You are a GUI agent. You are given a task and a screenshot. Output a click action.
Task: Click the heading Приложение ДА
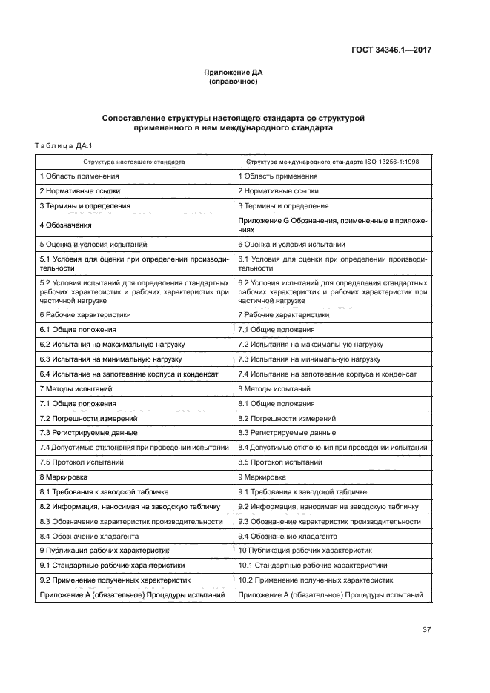click(x=234, y=73)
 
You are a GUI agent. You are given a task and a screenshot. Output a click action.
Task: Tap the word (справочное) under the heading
click(x=234, y=82)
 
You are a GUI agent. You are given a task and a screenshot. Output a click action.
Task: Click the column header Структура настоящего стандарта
click(x=134, y=161)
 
